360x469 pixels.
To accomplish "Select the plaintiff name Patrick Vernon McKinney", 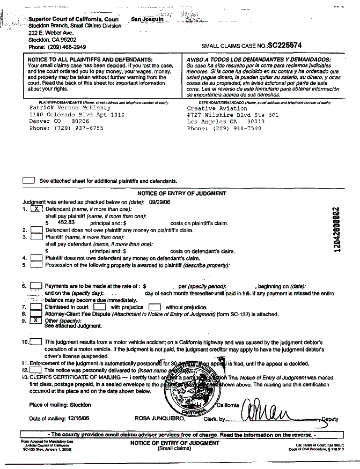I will pyautogui.click(x=63, y=107).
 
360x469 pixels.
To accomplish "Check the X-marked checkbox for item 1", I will pyautogui.click(x=36, y=209).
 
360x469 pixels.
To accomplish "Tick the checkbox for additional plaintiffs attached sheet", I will pyautogui.click(x=29, y=181).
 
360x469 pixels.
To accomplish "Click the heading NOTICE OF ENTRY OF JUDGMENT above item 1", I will pyautogui.click(x=181, y=193).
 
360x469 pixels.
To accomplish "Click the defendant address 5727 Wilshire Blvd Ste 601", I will pyautogui.click(x=233, y=115).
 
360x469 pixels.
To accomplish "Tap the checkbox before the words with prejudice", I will pyautogui.click(x=100, y=307).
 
